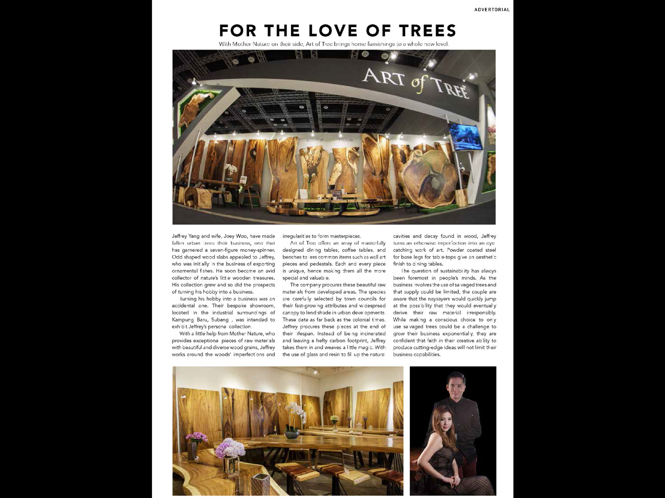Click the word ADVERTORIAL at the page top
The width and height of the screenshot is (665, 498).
click(492, 10)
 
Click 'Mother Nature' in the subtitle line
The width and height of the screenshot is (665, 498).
click(251, 44)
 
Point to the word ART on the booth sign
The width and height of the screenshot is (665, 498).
click(384, 78)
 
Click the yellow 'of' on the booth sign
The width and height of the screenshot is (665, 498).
click(419, 84)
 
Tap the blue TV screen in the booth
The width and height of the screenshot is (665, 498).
click(465, 136)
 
